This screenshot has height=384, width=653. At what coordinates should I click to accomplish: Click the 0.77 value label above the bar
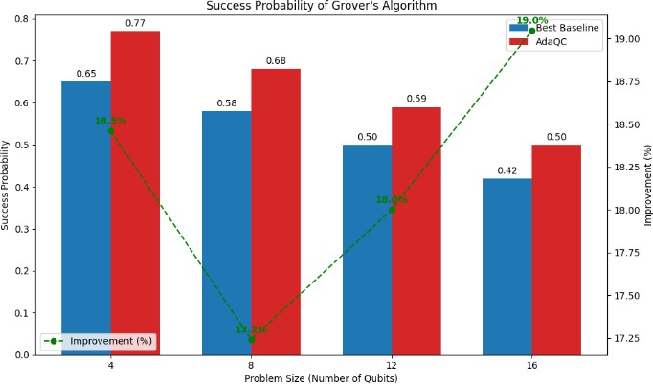pos(135,23)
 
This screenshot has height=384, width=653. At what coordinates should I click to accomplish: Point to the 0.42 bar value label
pos(507,170)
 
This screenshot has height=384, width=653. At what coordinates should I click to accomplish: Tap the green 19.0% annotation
pos(531,20)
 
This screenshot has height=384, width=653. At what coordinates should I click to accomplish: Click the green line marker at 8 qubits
pos(252,339)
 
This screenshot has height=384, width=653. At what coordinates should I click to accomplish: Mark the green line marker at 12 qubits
pos(392,209)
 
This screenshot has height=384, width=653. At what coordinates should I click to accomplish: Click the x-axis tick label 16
pos(531,365)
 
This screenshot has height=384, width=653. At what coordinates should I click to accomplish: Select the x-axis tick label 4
pos(110,365)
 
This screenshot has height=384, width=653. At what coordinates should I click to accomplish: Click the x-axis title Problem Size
pos(321,377)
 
